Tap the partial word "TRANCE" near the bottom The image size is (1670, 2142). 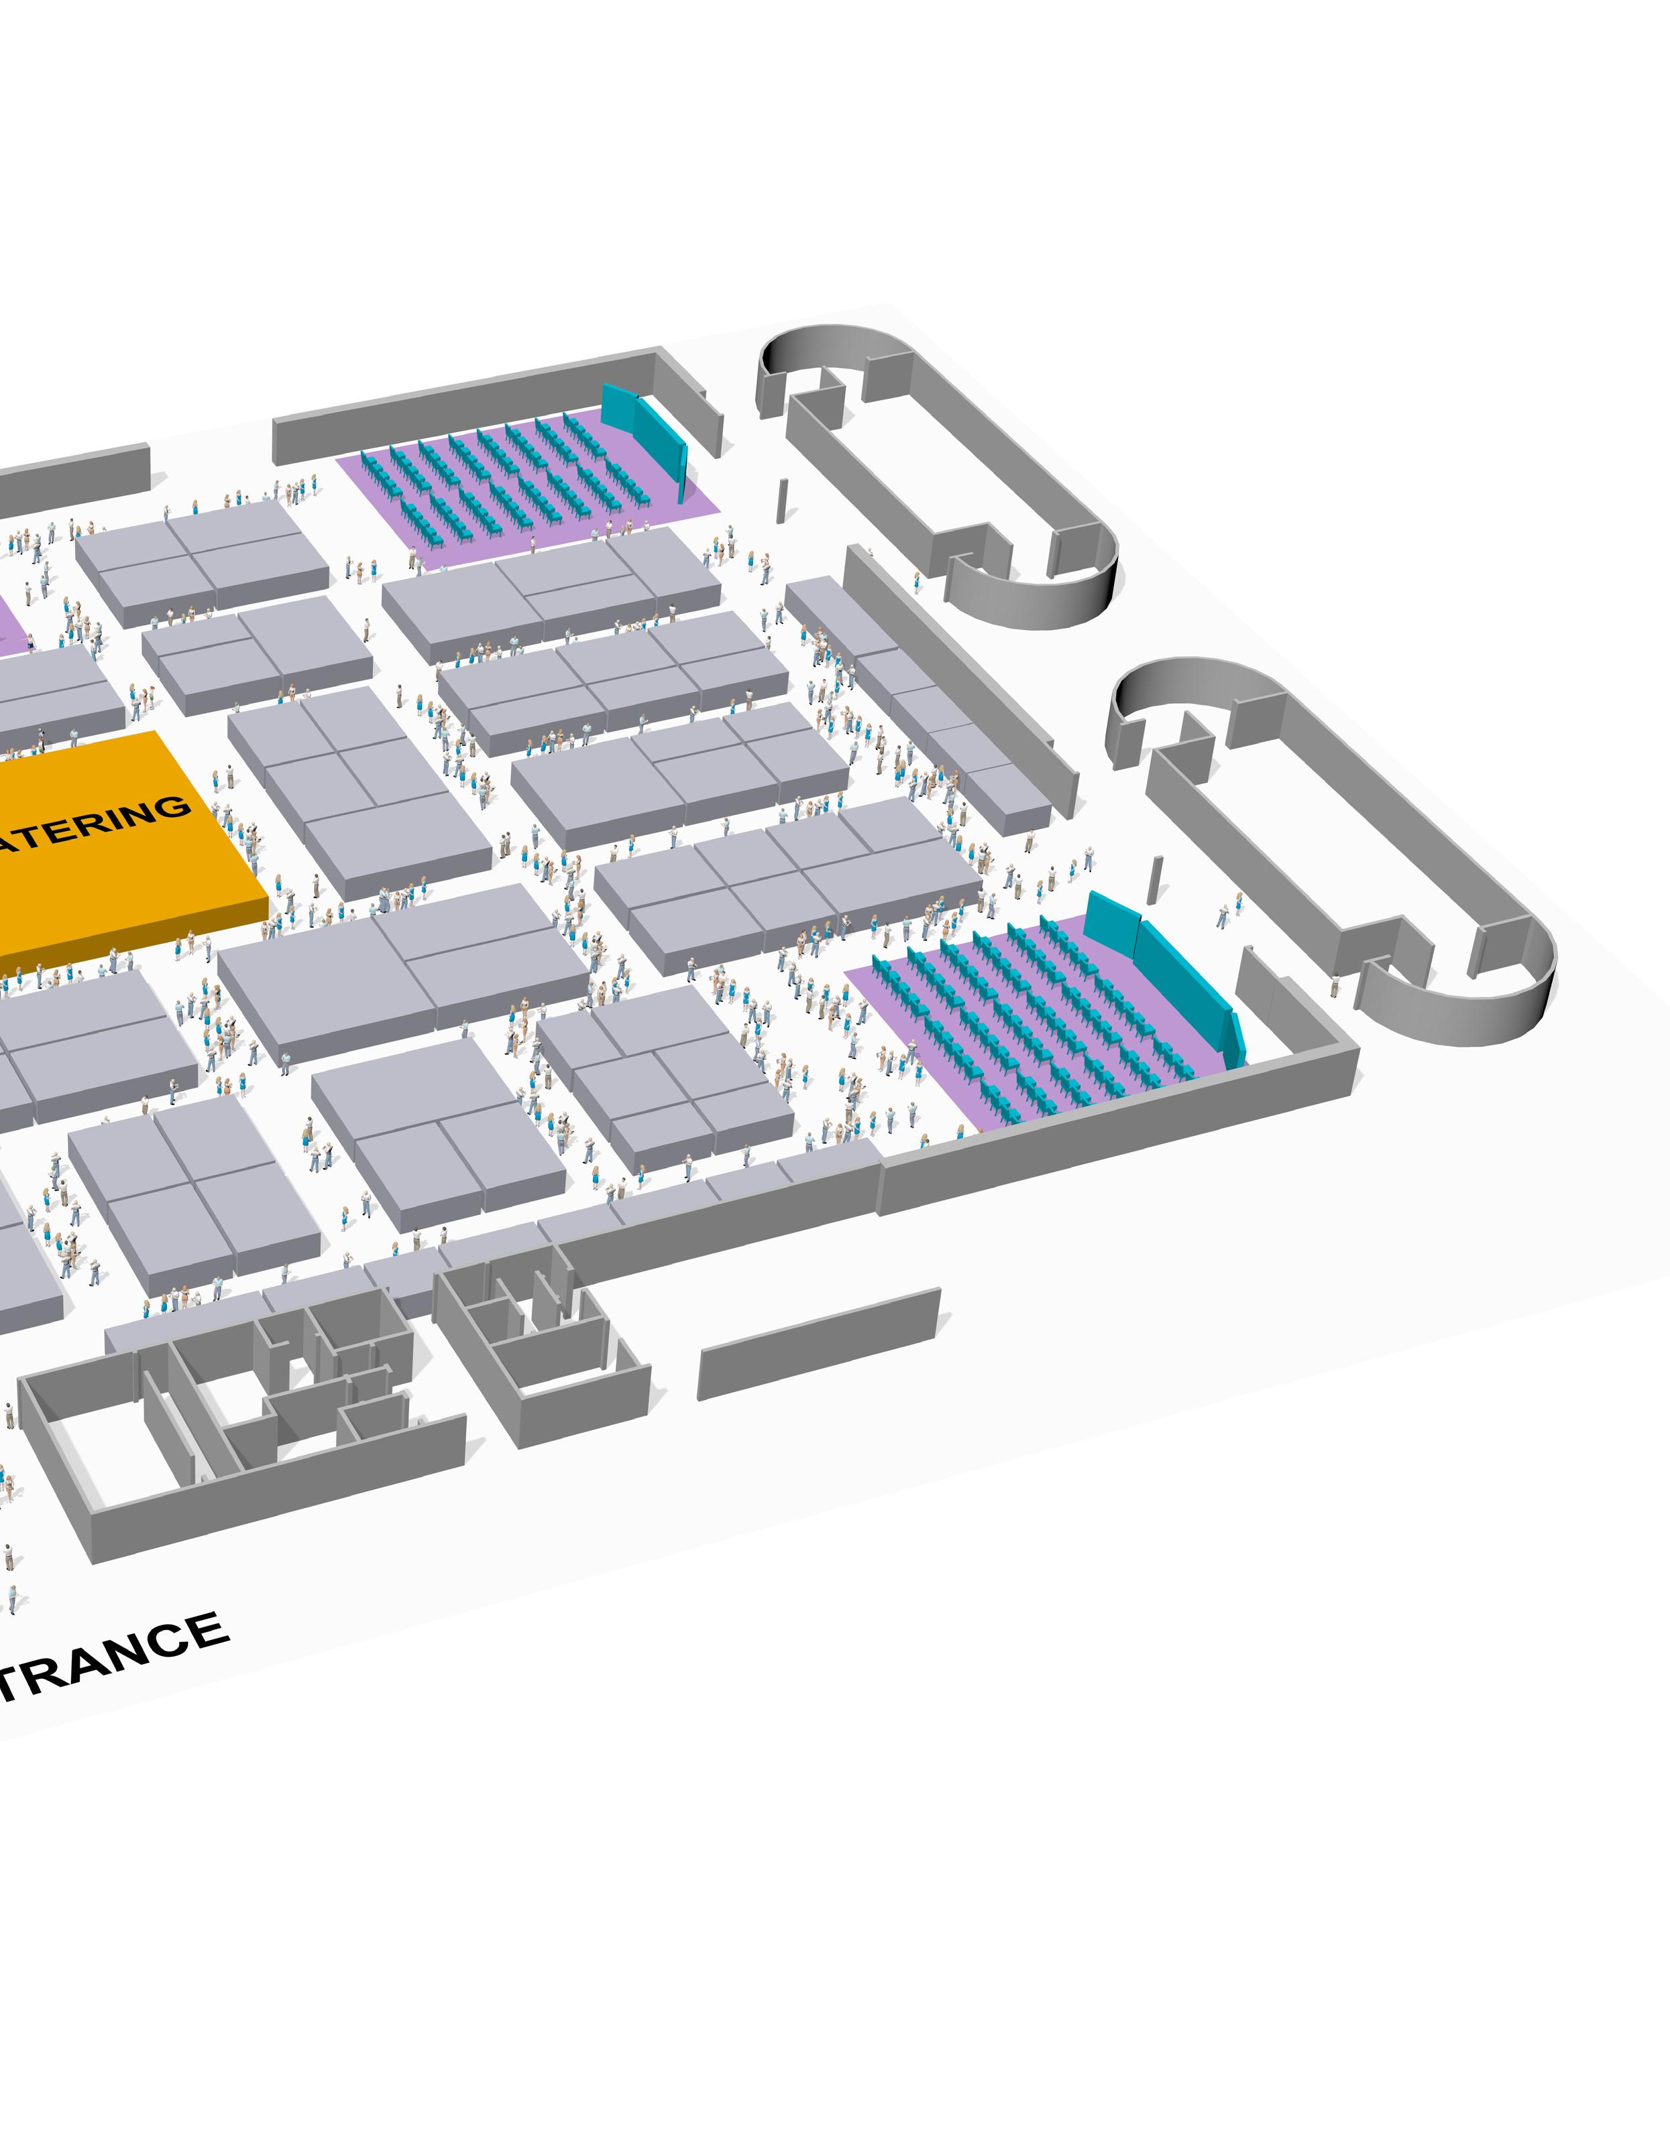click(113, 1655)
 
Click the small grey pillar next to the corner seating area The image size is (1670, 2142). click(1156, 880)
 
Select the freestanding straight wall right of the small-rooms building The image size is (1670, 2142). click(818, 1344)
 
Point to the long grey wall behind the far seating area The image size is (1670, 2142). click(461, 407)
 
